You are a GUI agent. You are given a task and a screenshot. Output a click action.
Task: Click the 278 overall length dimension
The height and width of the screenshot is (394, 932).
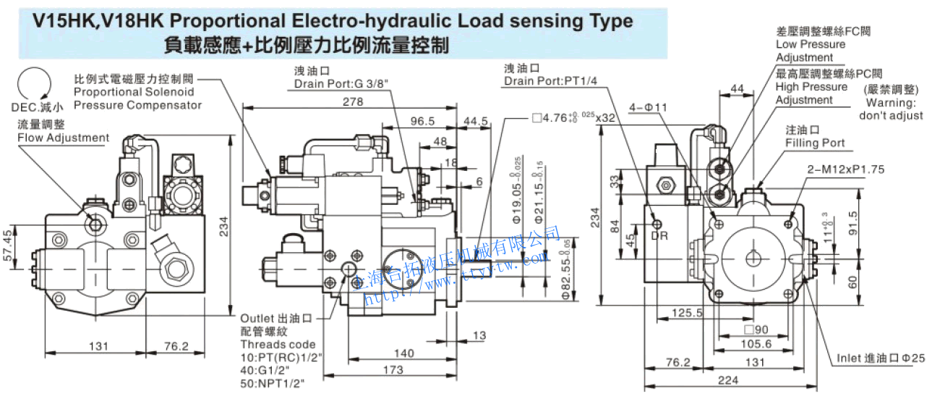coord(353,102)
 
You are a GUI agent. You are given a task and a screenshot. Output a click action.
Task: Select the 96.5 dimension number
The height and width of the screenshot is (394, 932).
coord(422,121)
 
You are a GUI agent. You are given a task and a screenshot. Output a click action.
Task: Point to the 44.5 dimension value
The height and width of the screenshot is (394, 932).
coord(477,121)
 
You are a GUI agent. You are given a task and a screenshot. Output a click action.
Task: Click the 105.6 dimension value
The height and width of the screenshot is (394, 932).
coord(756,344)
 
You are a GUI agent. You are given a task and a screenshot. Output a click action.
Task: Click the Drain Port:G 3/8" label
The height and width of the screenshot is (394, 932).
coord(342,84)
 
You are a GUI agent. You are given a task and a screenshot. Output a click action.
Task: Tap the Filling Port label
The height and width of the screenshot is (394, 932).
coord(815,143)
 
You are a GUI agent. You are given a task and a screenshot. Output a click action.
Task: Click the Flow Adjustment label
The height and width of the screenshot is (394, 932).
coord(64,138)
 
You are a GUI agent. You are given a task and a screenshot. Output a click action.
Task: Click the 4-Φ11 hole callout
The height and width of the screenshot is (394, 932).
coord(647,107)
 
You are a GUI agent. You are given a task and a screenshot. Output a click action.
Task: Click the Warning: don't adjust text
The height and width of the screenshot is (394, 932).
coord(891,109)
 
